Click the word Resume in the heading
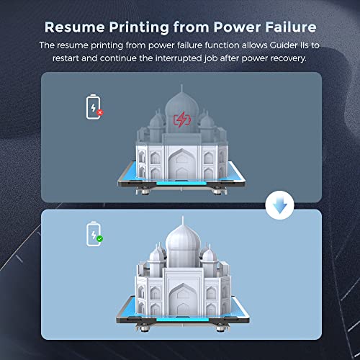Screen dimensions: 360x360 pyautogui.click(x=75, y=27)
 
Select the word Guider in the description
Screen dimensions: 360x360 pyautogui.click(x=284, y=45)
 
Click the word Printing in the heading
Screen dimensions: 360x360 pyautogui.click(x=139, y=27)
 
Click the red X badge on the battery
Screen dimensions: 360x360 pyautogui.click(x=100, y=112)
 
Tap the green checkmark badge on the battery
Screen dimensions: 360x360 pyautogui.click(x=100, y=239)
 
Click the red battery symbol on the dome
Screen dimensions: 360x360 pyautogui.click(x=182, y=120)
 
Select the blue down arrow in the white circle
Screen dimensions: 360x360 pyautogui.click(x=280, y=206)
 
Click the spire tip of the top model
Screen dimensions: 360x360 pyautogui.click(x=181, y=85)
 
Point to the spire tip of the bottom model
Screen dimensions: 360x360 pyautogui.click(x=183, y=217)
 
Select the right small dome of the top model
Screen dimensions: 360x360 pyautogui.click(x=207, y=122)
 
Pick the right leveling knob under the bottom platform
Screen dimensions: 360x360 pyautogui.click(x=220, y=328)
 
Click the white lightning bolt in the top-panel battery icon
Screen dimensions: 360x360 pyautogui.click(x=93, y=108)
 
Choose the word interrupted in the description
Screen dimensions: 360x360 pyautogui.click(x=179, y=58)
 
